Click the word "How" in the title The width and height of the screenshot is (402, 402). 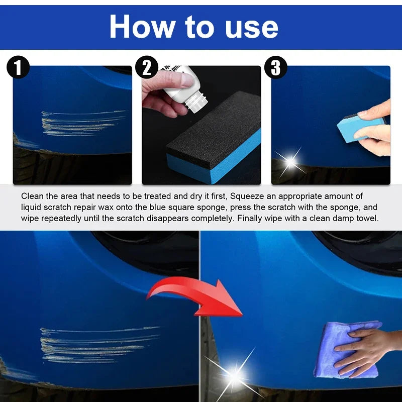[x=140, y=27]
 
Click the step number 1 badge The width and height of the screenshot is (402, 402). [x=18, y=68]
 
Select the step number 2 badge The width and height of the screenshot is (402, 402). [x=147, y=68]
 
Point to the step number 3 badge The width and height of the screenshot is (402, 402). [x=276, y=68]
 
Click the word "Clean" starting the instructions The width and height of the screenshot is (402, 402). [x=31, y=196]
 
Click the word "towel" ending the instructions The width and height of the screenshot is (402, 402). [x=368, y=219]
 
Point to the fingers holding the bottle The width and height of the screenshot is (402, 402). [x=166, y=83]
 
